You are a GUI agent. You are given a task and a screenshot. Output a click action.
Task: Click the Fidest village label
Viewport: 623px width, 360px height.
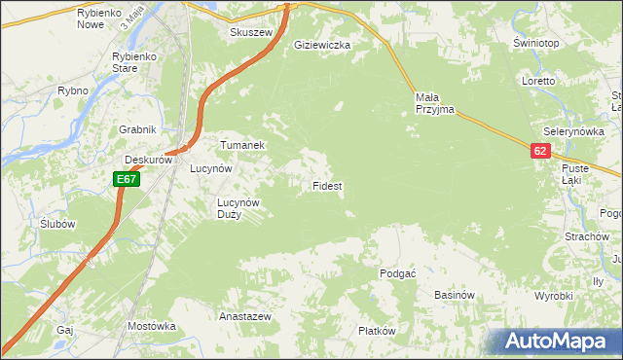point(326,185)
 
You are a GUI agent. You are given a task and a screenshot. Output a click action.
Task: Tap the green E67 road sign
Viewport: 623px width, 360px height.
point(127,179)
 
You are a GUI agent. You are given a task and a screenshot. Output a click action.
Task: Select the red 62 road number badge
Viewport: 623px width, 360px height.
point(541,151)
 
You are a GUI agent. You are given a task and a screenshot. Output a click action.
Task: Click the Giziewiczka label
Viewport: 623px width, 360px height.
point(322,45)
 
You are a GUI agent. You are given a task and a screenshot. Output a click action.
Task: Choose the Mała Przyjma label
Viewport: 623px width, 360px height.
point(434,103)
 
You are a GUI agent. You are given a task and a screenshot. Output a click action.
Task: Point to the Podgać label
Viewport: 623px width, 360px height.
point(398,273)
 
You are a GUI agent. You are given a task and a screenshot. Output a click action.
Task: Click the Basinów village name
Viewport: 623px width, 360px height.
point(454,295)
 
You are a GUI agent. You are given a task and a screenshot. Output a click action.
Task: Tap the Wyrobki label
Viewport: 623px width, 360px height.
point(554,296)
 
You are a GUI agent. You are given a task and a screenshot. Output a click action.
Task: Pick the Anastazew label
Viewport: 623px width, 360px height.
point(244,317)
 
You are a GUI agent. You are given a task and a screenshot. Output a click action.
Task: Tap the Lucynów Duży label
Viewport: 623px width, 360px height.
point(238,208)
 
